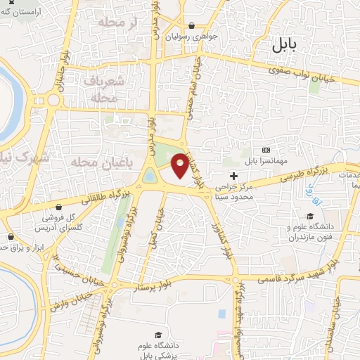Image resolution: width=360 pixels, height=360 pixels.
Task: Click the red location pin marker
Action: tap(179, 165)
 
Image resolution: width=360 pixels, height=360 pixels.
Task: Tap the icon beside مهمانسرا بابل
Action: tap(266, 150)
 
